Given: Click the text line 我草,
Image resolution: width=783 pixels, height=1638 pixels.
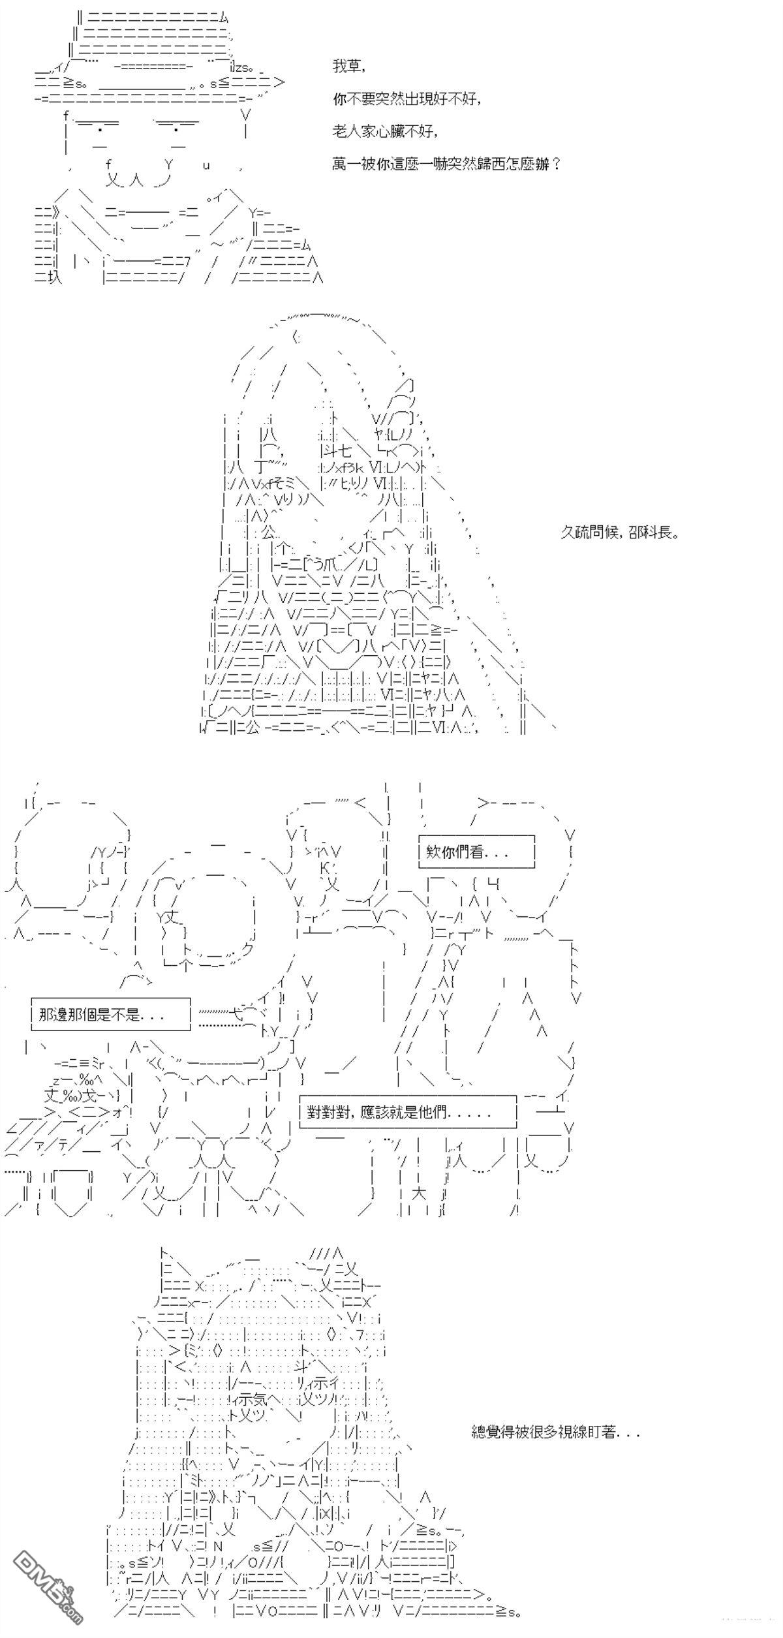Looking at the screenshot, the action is tap(348, 67).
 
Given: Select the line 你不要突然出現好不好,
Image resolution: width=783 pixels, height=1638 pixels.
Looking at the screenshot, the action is tap(407, 99).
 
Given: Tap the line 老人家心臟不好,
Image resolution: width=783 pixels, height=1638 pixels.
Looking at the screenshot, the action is tap(384, 131).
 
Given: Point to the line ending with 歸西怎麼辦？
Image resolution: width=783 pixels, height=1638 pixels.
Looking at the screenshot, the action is tap(446, 164).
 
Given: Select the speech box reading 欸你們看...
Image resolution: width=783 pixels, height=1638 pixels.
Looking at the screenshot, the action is tap(476, 852).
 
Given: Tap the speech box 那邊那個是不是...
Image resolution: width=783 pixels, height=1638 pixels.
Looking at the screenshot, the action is tap(111, 1014).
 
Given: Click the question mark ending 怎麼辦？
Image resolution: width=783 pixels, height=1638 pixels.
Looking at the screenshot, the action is tap(555, 164).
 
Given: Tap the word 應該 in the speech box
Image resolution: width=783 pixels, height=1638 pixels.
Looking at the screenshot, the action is tap(373, 1111).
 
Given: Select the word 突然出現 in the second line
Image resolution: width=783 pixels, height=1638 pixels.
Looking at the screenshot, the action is tap(407, 99).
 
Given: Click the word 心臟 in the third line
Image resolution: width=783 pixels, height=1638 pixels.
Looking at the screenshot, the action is tap(393, 131).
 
